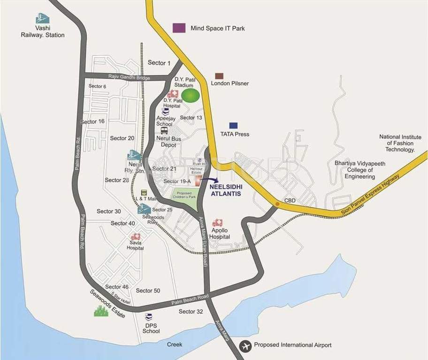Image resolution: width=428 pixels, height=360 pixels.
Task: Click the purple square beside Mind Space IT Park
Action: (x=179, y=28)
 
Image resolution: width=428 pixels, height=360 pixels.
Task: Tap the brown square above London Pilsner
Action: (x=219, y=76)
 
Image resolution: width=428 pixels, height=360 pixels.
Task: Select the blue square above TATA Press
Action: (x=233, y=126)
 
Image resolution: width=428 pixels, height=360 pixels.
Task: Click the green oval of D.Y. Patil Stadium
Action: (x=191, y=96)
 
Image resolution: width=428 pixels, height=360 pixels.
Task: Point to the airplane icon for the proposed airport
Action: (x=245, y=346)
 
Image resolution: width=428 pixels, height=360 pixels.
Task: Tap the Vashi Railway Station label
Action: (x=43, y=31)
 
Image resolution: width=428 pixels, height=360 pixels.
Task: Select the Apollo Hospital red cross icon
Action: (x=217, y=223)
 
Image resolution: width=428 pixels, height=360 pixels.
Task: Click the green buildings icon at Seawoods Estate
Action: (x=101, y=311)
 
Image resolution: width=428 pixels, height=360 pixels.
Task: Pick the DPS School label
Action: (x=151, y=328)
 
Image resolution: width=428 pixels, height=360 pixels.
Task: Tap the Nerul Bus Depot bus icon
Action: (x=164, y=131)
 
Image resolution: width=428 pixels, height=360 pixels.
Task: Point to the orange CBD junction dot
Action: (x=277, y=204)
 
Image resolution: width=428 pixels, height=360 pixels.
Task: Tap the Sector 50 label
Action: (x=148, y=291)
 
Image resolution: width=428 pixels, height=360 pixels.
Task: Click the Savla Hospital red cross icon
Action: (x=136, y=237)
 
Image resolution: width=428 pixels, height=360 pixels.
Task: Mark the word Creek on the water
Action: (x=175, y=345)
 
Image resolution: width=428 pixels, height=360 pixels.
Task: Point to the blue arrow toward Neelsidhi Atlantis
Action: (x=212, y=180)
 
